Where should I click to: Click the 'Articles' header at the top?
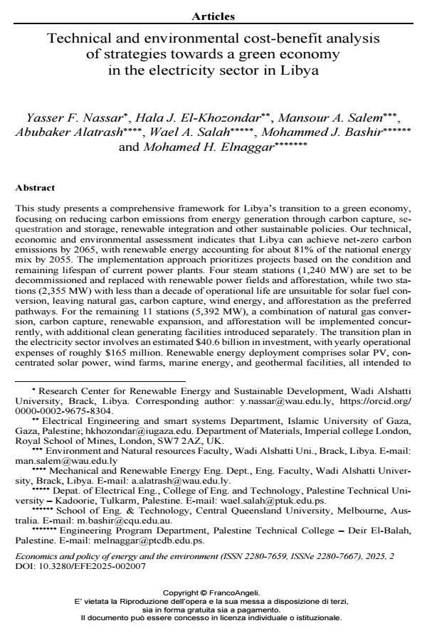213,16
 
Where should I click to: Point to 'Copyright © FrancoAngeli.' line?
211,592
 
